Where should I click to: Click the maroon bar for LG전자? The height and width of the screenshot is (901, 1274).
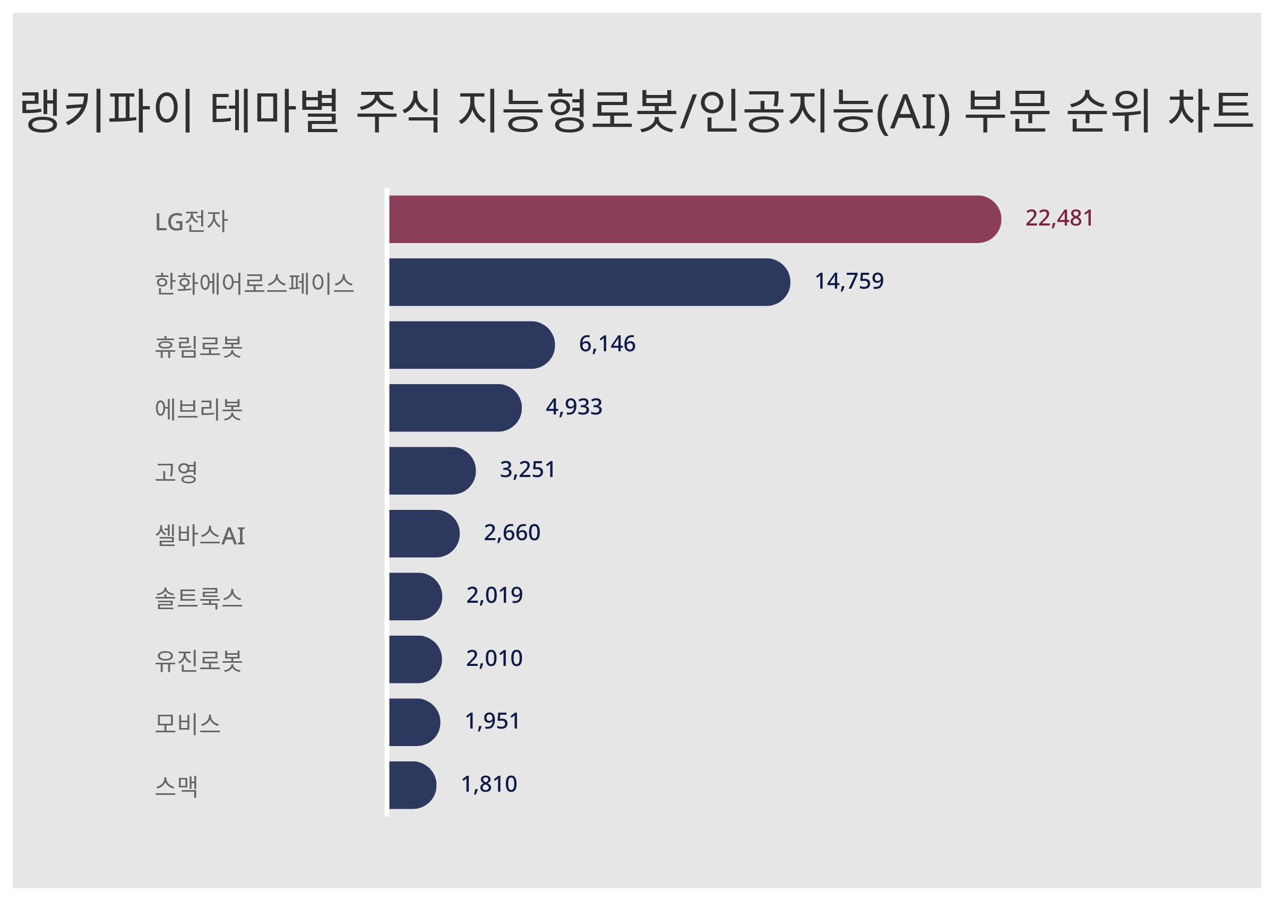(x=694, y=219)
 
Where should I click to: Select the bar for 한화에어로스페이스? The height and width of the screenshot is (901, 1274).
(x=588, y=282)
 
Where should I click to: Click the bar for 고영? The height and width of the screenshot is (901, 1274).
(x=431, y=471)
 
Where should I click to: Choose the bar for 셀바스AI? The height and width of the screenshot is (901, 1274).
(x=424, y=533)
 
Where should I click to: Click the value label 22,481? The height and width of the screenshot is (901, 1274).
(x=1058, y=218)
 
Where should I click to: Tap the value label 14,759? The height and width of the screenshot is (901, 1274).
(x=848, y=281)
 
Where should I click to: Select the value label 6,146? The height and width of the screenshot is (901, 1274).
(x=607, y=344)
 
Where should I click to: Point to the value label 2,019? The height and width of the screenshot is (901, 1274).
(x=494, y=595)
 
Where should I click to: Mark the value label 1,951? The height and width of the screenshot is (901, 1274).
(x=492, y=721)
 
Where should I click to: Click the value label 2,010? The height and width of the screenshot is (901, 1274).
(x=494, y=659)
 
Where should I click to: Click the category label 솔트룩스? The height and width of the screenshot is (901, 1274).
(x=199, y=598)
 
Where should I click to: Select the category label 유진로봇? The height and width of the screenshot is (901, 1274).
(x=199, y=661)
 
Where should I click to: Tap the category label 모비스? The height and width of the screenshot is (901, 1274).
(x=187, y=723)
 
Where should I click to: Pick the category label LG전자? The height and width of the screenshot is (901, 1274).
(x=192, y=221)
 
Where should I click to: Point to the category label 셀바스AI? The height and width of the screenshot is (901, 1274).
(x=200, y=535)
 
